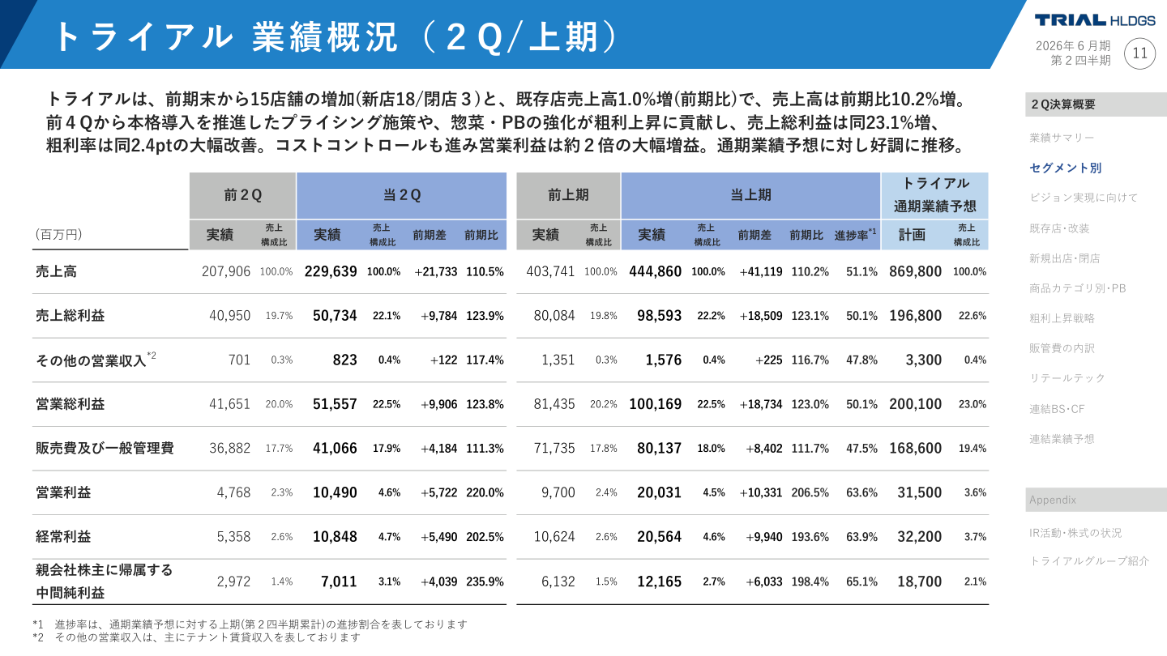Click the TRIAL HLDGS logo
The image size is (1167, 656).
[x=1095, y=20]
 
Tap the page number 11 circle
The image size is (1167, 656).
[x=1140, y=53]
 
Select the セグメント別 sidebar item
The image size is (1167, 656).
[x=1065, y=168]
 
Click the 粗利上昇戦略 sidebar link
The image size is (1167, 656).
[x=1062, y=318]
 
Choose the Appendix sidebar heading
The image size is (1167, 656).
[x=1052, y=500]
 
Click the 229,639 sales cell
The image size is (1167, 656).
[x=331, y=271]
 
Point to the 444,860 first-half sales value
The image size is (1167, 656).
[x=655, y=271]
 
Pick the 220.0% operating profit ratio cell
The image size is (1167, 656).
[x=485, y=492]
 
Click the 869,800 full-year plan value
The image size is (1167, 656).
[x=915, y=271]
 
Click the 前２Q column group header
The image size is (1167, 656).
[x=243, y=195]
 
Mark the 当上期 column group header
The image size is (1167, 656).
[x=750, y=195]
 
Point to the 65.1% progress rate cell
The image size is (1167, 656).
[x=861, y=581]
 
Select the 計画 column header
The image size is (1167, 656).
[x=912, y=235]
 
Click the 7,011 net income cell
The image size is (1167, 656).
[x=339, y=581]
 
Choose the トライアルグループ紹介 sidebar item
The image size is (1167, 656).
[x=1088, y=560]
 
